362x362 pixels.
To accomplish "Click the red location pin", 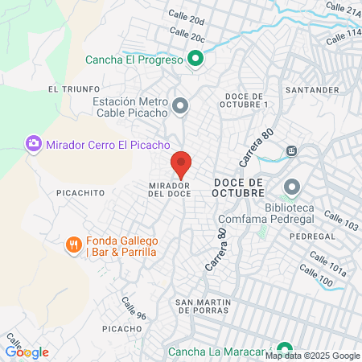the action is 181,165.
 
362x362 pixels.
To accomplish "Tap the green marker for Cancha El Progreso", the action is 195,59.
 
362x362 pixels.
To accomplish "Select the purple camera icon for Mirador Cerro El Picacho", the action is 34,144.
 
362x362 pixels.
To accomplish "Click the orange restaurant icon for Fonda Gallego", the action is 73,244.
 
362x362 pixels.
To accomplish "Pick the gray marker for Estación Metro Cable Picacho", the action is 181,106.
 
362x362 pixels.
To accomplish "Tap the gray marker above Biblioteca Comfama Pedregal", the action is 290,187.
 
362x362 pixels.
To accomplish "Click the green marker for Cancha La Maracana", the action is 281,351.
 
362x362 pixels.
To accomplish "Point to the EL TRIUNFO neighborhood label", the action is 73,88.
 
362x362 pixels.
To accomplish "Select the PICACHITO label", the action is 80,193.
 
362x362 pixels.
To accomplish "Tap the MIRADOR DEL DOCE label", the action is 169,189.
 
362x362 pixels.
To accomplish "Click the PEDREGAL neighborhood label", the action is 305,237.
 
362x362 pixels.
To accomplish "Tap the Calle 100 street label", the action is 315,278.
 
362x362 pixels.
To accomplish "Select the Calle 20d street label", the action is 187,18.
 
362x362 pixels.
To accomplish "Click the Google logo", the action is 27,352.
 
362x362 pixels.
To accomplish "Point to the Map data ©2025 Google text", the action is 313,356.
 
